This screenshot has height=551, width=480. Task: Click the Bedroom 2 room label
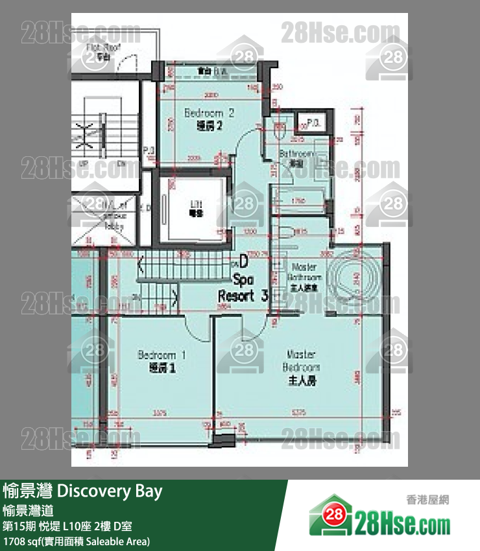tap(209, 119)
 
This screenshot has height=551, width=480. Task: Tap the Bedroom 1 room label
tap(162, 361)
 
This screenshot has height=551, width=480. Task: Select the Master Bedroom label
tap(301, 368)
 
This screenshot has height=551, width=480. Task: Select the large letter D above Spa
tap(243, 262)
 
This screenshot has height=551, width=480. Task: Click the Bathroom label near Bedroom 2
tap(296, 158)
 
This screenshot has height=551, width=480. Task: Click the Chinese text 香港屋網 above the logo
tap(427, 500)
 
